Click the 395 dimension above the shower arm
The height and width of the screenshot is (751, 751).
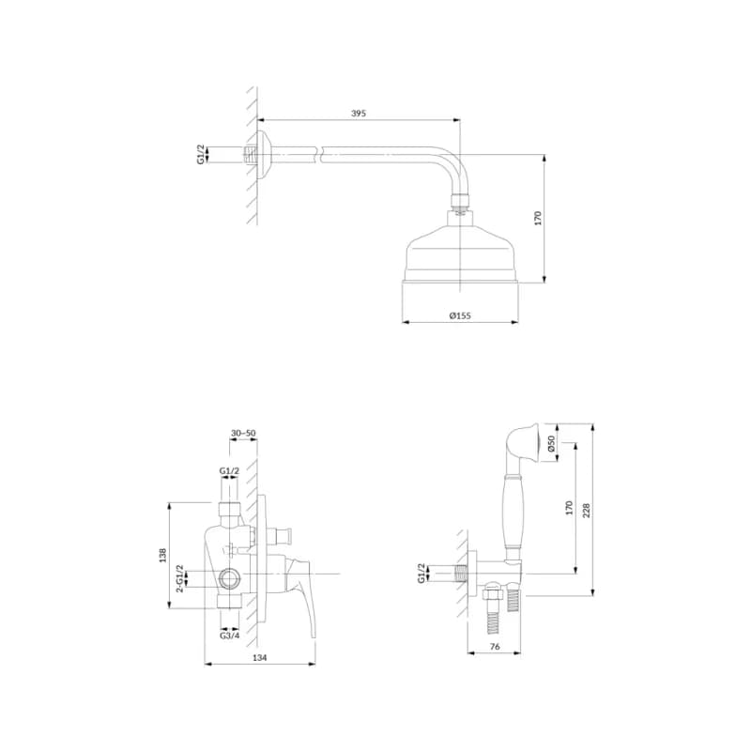pos(359,114)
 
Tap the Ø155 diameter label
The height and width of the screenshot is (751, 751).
pos(460,315)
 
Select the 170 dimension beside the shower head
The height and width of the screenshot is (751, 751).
pos(537,218)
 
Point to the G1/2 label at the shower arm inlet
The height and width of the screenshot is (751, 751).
pos(201,154)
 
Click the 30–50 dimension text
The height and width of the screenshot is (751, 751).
pos(243,433)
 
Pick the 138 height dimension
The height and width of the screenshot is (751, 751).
pos(162,555)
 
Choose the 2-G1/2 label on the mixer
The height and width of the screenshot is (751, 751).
pos(179,578)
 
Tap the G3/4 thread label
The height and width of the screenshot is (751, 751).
pos(229,636)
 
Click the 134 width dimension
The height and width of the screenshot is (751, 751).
pos(259,658)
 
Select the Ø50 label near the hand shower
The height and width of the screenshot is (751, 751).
pos(551,443)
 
